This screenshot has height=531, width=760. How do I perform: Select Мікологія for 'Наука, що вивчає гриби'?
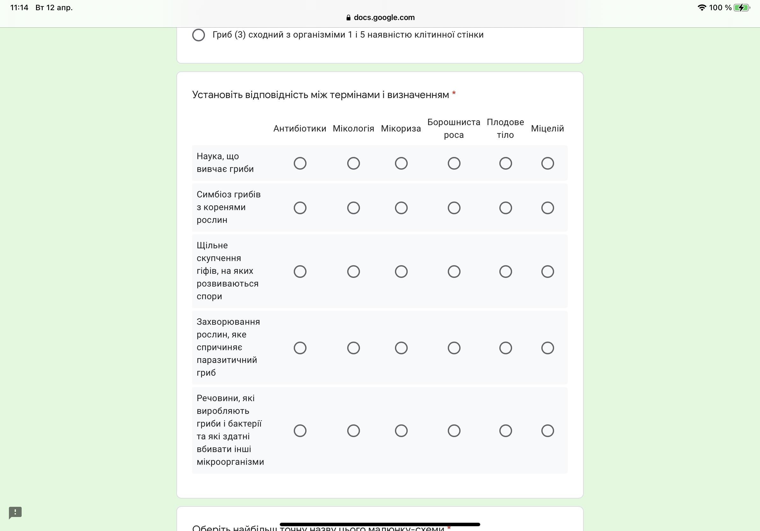tap(353, 163)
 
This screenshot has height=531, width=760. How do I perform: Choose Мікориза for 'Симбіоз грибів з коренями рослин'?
tap(401, 208)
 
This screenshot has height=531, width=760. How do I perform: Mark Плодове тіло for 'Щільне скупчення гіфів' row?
tap(505, 272)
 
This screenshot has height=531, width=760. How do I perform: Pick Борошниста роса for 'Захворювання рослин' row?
tap(454, 348)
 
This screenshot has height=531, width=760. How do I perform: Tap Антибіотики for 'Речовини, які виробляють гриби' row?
tap(300, 431)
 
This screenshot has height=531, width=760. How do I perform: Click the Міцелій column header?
tap(547, 128)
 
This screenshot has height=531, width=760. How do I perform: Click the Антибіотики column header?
tap(299, 128)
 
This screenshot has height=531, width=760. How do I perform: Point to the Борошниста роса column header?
tap(454, 128)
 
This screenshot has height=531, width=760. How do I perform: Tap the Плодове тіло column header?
tap(505, 128)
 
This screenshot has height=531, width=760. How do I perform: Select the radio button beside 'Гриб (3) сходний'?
tap(199, 35)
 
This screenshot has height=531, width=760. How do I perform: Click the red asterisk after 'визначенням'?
tap(454, 94)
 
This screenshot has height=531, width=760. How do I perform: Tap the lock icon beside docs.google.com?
tap(348, 18)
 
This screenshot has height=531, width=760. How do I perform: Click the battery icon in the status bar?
tap(742, 8)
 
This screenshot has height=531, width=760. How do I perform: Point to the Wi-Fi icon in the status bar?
tap(701, 8)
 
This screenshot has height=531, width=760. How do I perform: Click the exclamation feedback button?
tap(15, 513)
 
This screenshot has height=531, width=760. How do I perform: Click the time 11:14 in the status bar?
tap(19, 8)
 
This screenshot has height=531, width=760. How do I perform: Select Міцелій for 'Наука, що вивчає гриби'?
tap(547, 163)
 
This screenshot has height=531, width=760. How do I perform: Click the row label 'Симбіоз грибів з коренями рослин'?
tap(229, 207)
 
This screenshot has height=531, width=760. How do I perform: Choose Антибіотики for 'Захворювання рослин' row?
tap(300, 348)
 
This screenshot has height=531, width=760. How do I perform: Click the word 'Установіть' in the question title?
tap(217, 95)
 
